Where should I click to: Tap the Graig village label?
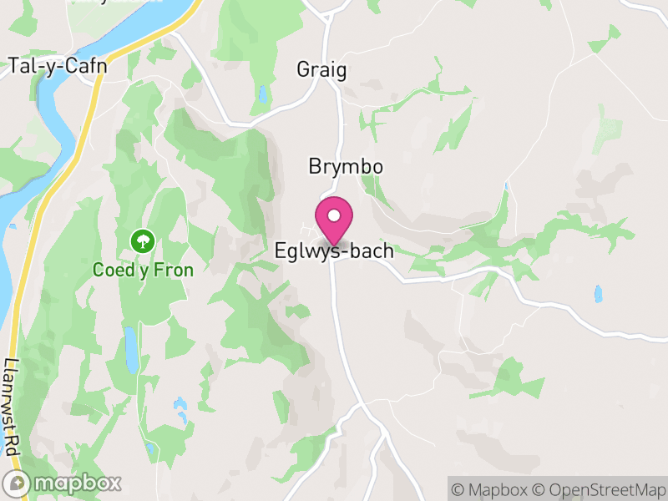tap(321, 69)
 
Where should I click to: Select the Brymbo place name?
tap(346, 167)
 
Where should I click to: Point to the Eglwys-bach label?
tap(334, 250)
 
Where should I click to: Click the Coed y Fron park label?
tap(144, 270)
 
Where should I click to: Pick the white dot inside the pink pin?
tap(334, 215)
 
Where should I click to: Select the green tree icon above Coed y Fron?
tap(144, 242)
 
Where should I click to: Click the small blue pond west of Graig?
tap(263, 94)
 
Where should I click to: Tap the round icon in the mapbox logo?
tap(18, 483)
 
